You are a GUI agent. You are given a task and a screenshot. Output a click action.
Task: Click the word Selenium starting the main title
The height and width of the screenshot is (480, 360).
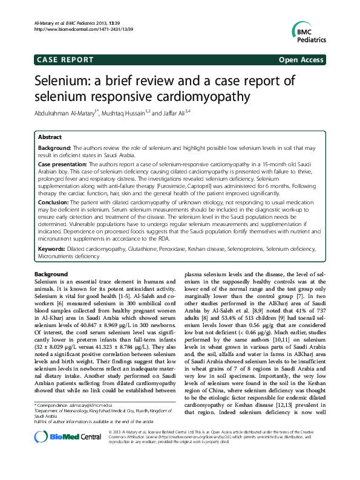(x=64, y=81)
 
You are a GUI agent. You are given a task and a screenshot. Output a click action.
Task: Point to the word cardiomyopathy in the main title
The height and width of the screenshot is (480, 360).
(x=205, y=96)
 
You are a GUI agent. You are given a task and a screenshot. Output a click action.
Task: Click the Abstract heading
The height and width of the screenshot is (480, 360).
(x=50, y=137)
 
